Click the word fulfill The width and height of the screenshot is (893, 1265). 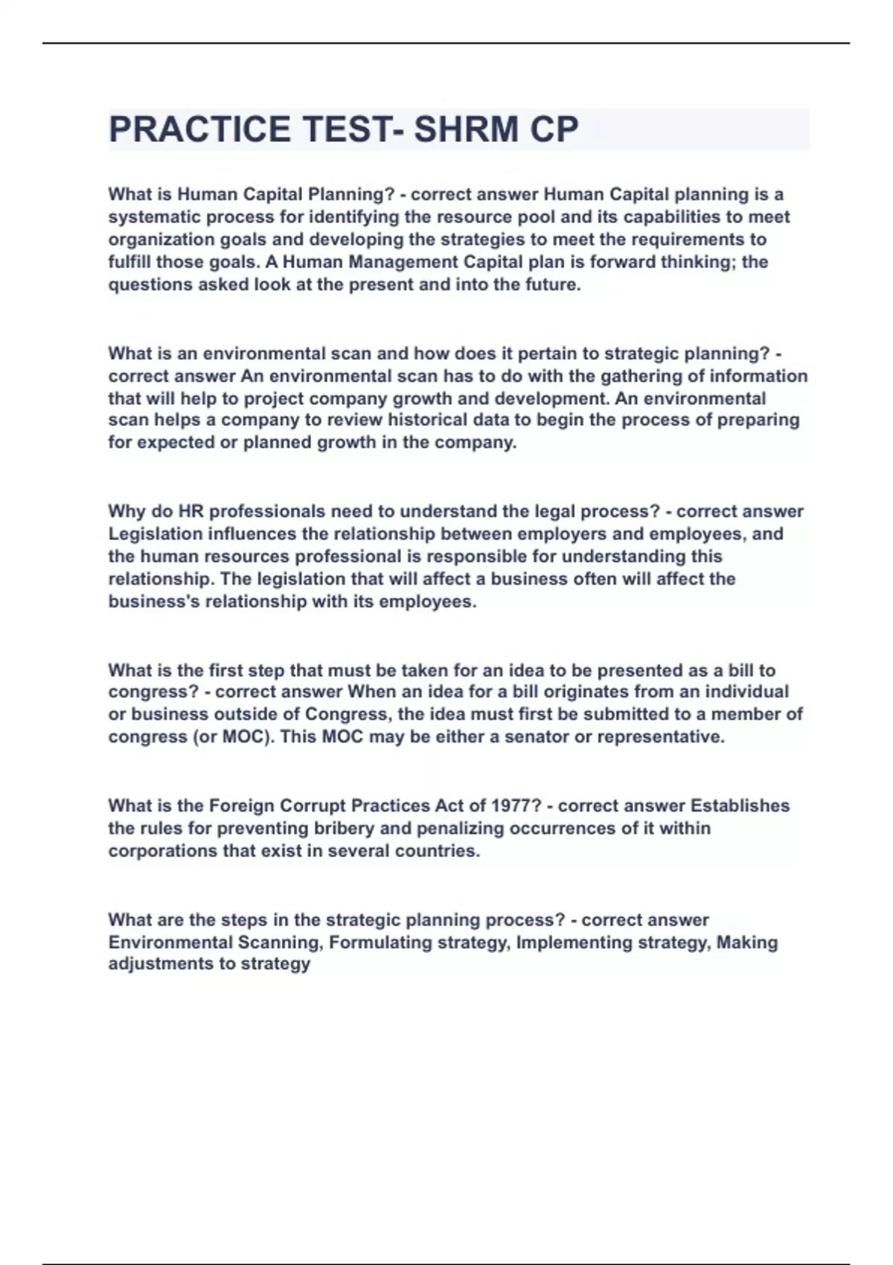pyautogui.click(x=129, y=262)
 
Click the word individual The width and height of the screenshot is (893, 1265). pyautogui.click(x=746, y=691)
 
